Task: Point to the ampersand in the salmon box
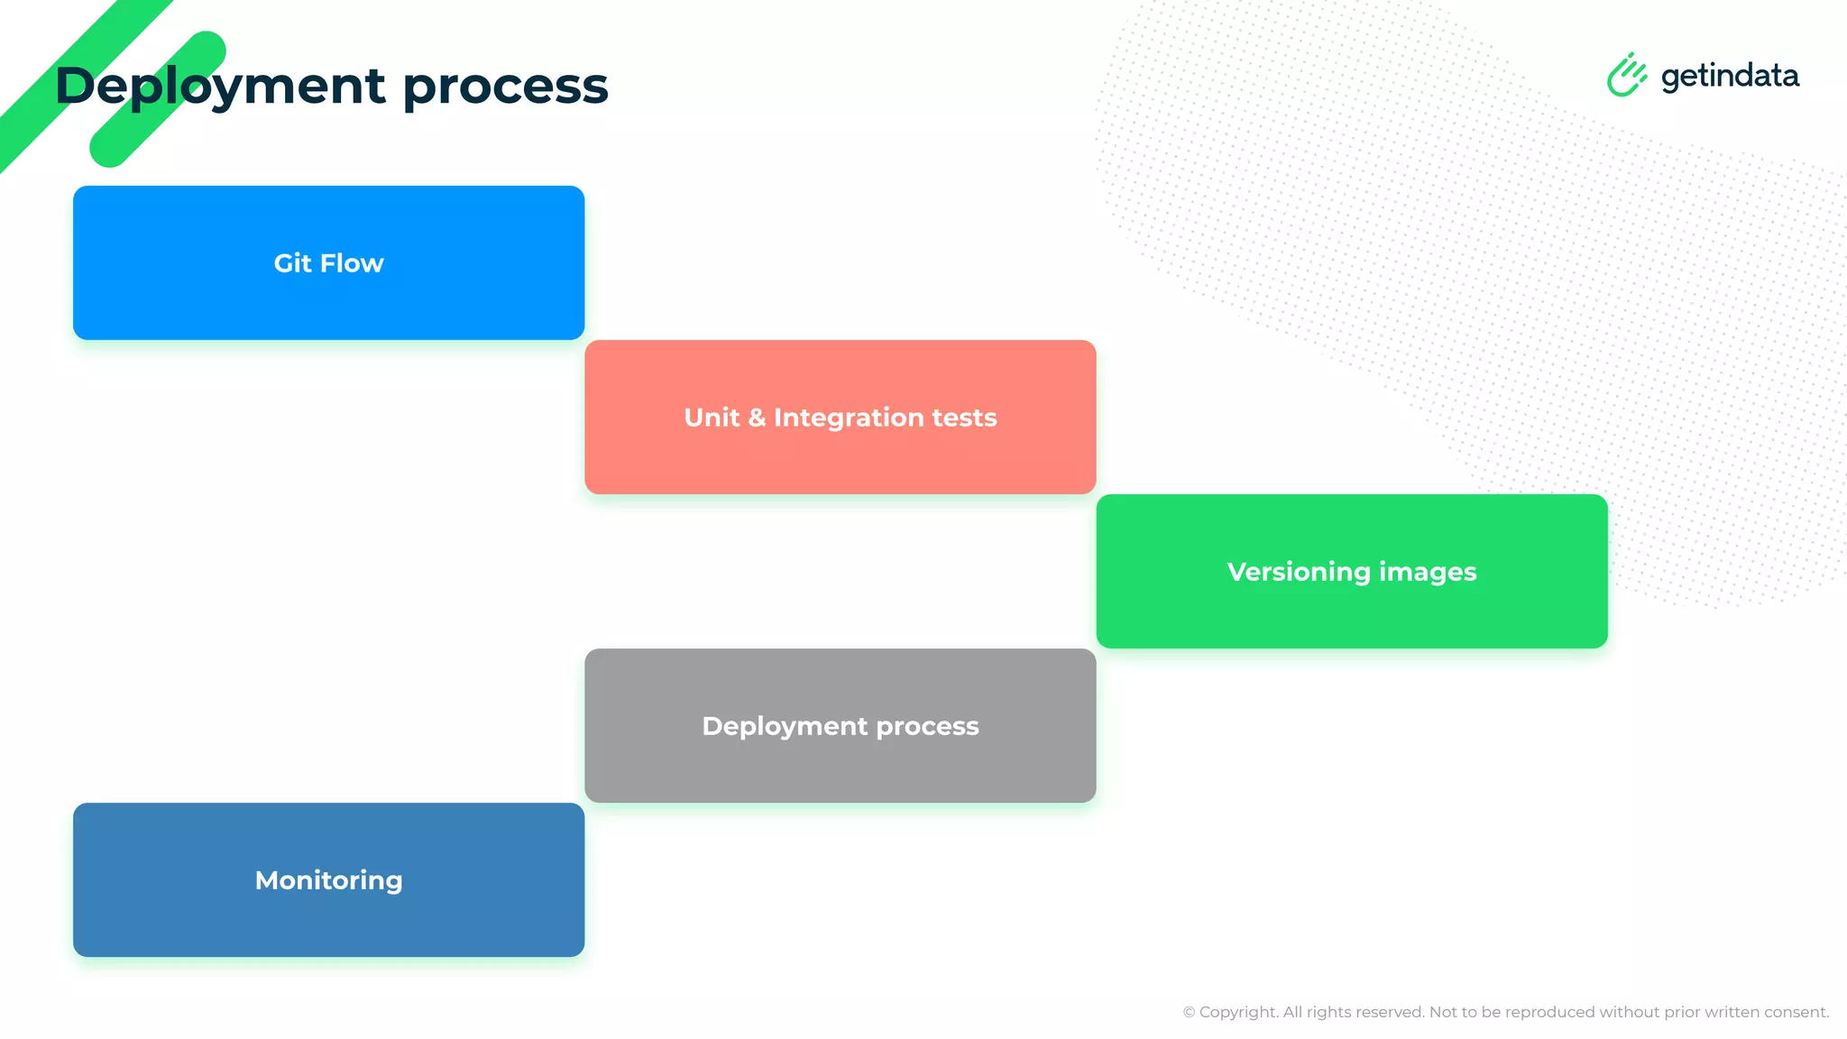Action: click(756, 418)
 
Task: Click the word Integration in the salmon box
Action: click(849, 418)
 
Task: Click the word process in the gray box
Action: click(927, 727)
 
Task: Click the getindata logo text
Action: click(1729, 77)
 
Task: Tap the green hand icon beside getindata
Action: click(1626, 75)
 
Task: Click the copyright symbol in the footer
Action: click(1189, 1013)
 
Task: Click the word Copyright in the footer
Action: click(1238, 1013)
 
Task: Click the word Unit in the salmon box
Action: click(712, 418)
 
